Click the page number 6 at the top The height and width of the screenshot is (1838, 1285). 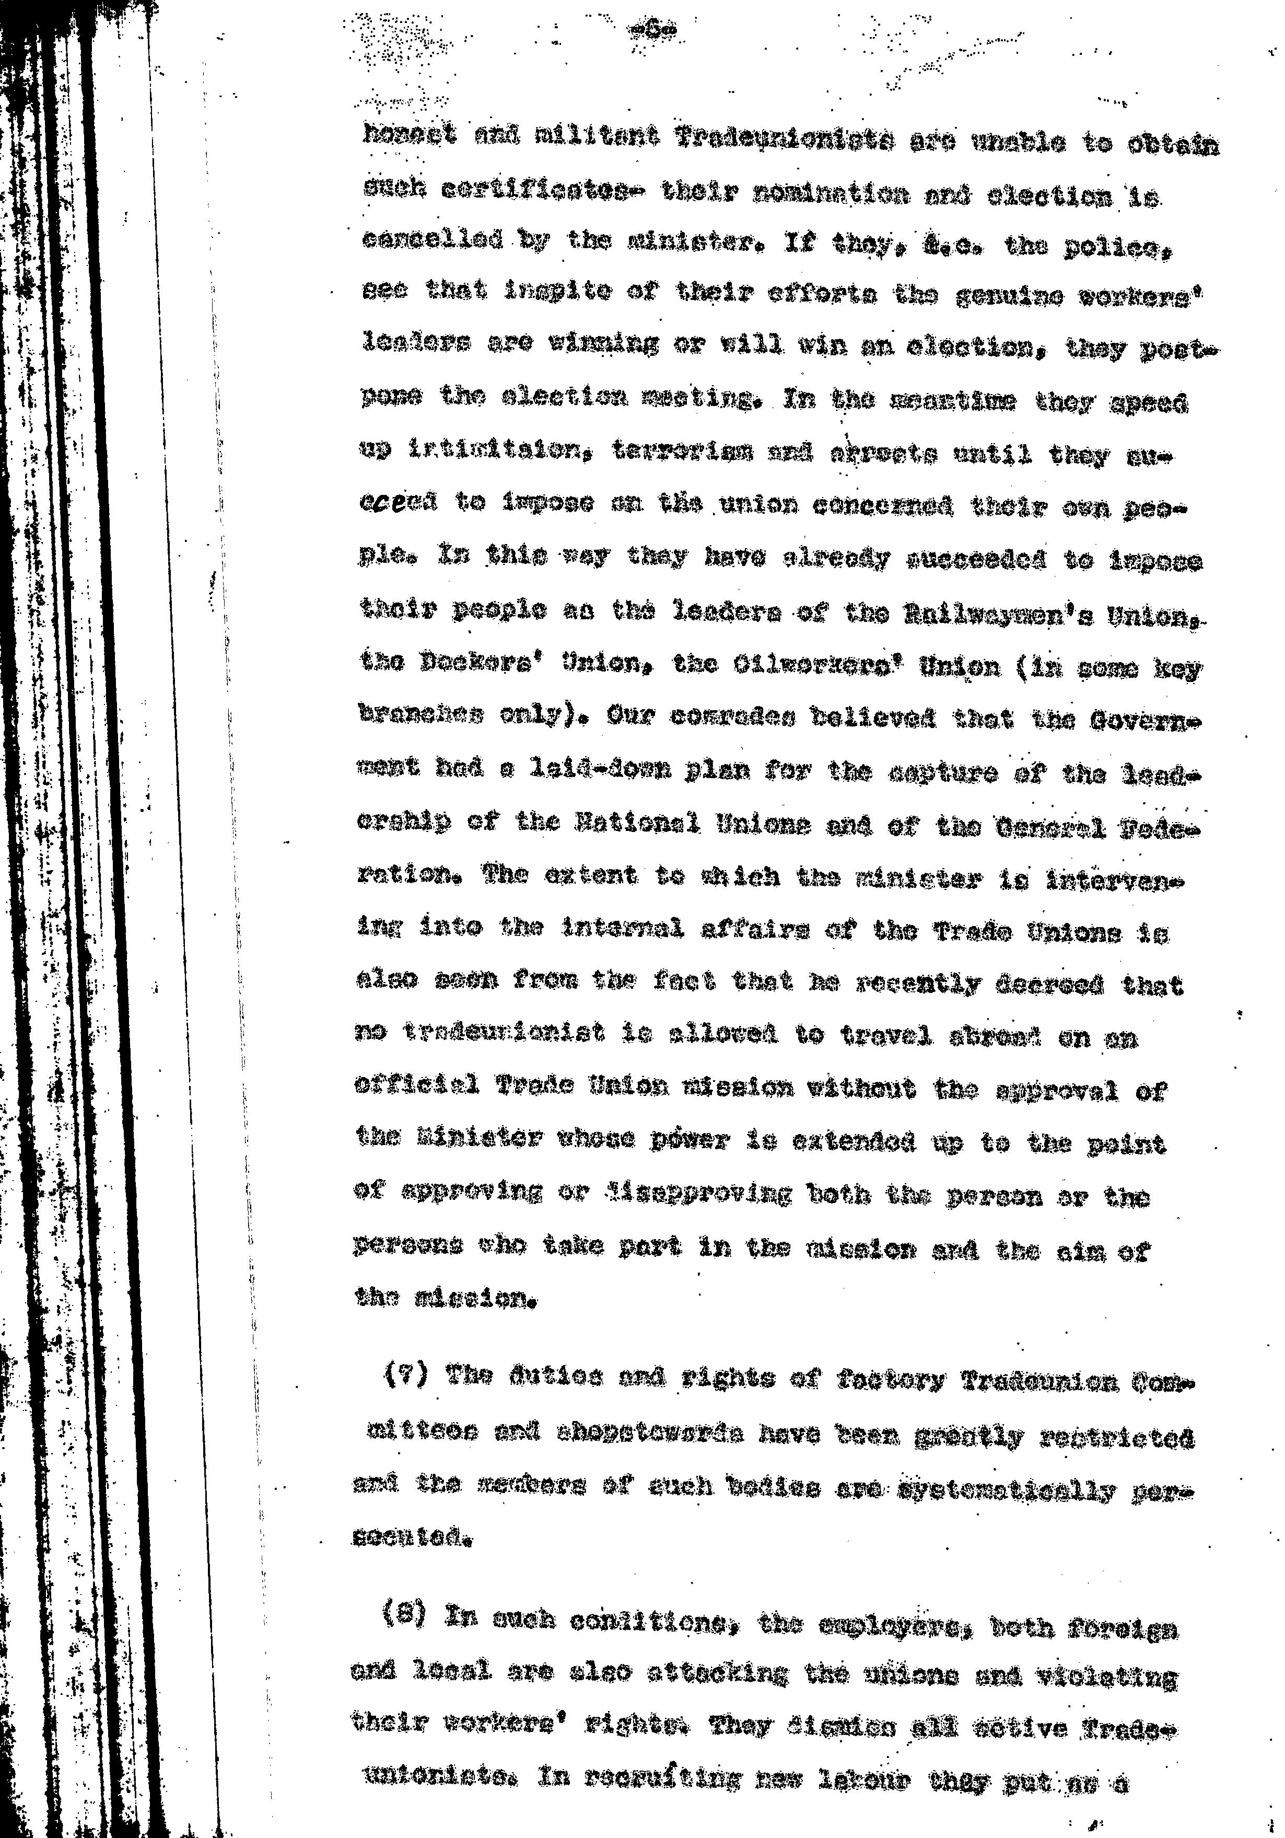[653, 31]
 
